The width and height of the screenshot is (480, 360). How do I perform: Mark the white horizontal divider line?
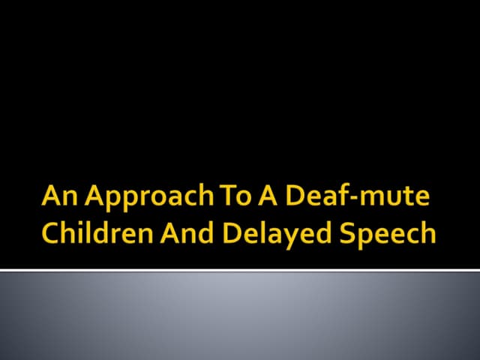click(240, 269)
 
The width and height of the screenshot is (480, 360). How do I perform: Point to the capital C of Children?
click(50, 233)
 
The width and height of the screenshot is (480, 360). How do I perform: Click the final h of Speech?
click(427, 232)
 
